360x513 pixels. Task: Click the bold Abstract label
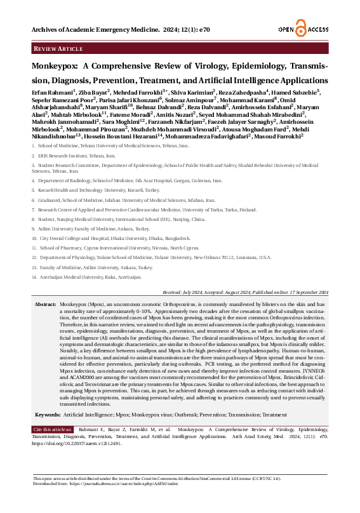click(46, 305)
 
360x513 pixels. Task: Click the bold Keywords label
click(48, 414)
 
